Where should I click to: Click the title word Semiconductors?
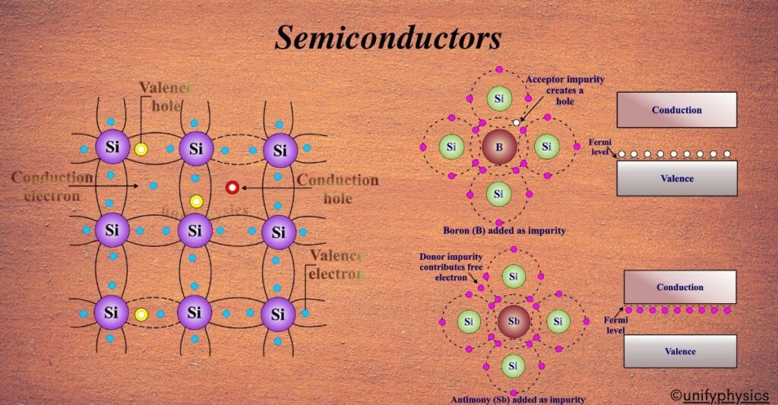click(387, 37)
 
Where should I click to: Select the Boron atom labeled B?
click(499, 147)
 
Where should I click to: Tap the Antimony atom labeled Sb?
click(514, 321)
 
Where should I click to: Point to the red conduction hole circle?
click(232, 187)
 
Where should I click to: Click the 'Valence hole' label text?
click(166, 97)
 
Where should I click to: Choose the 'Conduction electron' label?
click(52, 187)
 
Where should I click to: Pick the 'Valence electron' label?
click(336, 264)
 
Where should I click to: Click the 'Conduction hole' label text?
click(337, 188)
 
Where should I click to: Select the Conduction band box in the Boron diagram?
click(676, 110)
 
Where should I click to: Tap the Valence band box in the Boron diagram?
click(676, 179)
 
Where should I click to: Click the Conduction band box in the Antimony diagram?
click(679, 287)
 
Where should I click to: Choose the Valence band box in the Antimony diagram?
click(679, 351)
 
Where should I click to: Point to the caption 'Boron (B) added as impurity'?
click(504, 230)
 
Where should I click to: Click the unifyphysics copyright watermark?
click(719, 394)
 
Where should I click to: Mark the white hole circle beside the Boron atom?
click(517, 122)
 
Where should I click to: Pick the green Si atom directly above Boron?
click(499, 99)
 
